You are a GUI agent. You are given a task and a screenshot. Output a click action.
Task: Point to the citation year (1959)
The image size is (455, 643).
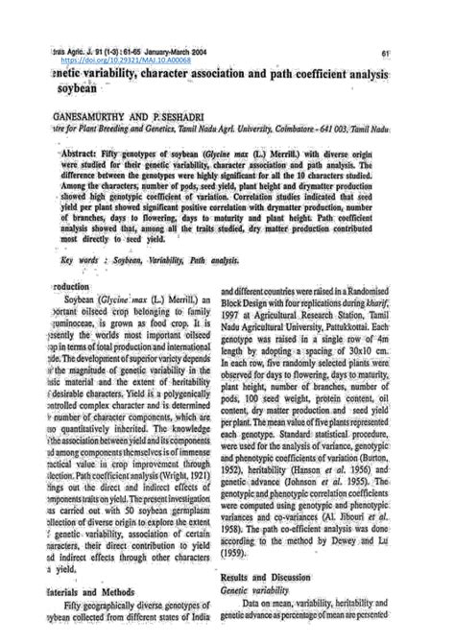[x=235, y=552]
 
